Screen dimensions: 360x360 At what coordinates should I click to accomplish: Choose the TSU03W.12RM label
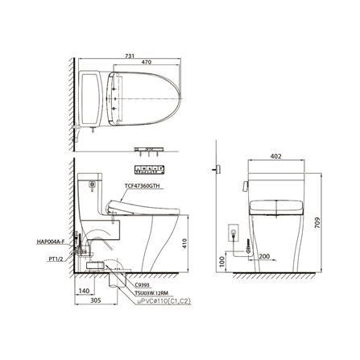154,292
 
